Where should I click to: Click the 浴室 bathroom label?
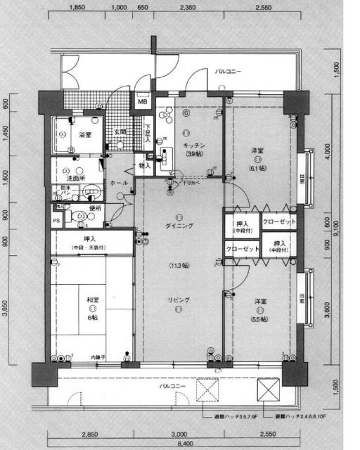pos(85,134)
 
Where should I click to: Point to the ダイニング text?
pos(180,225)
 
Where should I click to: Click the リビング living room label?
pos(180,300)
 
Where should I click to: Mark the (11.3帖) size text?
pos(180,266)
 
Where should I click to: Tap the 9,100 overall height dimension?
pos(335,226)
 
